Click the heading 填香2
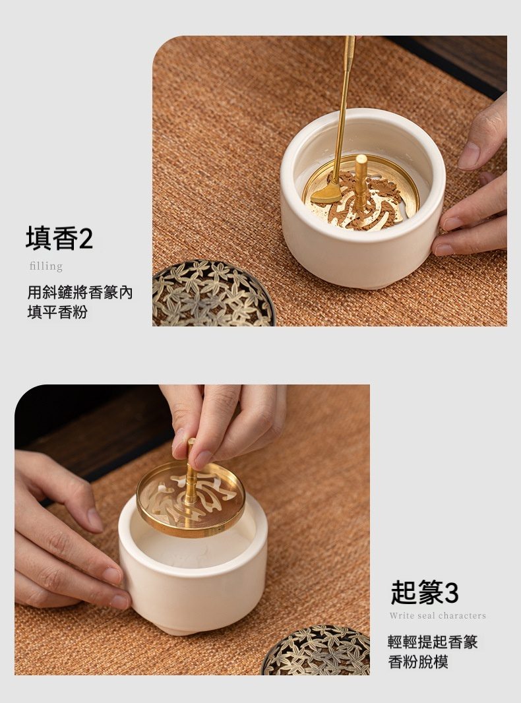59,238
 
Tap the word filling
46,266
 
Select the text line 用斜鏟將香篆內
80,292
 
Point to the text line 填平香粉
57,312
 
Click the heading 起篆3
425,592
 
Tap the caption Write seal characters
438,615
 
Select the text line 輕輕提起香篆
433,642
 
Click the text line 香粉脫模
418,661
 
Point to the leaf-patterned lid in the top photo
212,293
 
